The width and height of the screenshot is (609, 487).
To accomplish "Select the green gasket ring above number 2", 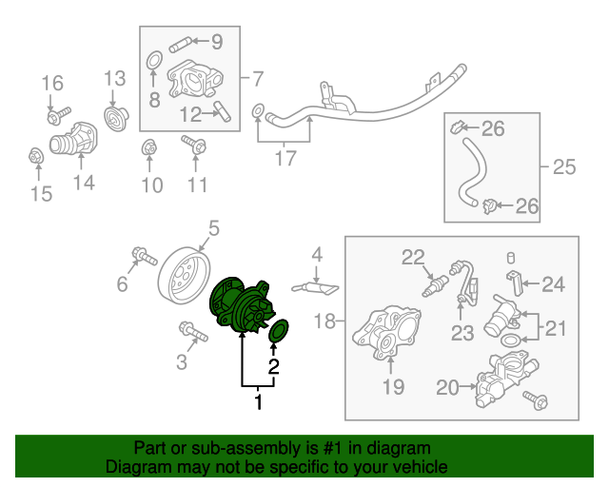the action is point(279,331).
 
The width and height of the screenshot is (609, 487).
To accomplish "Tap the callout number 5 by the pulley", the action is point(214,228).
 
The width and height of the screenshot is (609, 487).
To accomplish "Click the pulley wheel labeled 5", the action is point(185,275).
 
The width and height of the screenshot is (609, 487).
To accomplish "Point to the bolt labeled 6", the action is point(145,256).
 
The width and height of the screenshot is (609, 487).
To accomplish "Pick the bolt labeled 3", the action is point(193,332).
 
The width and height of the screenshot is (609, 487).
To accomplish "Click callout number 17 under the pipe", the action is point(285,158).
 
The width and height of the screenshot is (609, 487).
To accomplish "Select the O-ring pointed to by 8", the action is point(154,61).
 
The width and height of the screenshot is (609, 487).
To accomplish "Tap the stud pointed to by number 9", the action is point(181,45).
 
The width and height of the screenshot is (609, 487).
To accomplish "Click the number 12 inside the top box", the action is point(190,115).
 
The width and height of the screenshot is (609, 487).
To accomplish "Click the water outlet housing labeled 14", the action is point(74,140).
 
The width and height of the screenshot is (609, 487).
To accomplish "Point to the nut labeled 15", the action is point(36,156).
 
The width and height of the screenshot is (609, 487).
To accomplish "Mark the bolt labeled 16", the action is point(59,115).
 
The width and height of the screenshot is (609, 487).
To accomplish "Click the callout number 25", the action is point(564,167).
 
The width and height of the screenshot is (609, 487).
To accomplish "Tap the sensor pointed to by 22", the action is point(435,286).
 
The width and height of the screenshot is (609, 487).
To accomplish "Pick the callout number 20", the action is point(447,387).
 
